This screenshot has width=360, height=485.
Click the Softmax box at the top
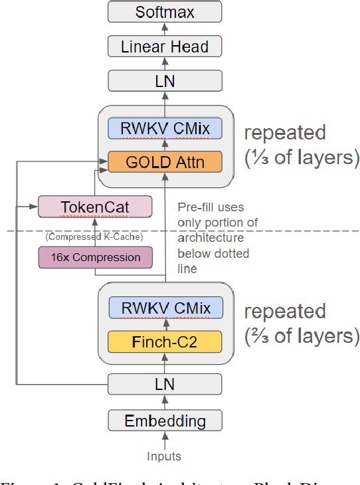[165, 12]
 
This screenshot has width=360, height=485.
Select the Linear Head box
[165, 47]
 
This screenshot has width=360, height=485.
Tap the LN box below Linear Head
[165, 80]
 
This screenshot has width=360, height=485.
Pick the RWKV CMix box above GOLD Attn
[165, 128]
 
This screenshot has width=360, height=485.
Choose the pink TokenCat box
[95, 207]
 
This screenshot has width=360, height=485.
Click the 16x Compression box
[95, 257]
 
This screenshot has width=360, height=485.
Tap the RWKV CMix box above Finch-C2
[165, 308]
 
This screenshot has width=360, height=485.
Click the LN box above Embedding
[165, 384]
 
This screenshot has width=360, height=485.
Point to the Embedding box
[165, 421]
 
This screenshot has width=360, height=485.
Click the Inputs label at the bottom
[164, 456]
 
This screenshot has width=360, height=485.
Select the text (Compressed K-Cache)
[95, 237]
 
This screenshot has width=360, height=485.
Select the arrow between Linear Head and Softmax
[165, 29]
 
